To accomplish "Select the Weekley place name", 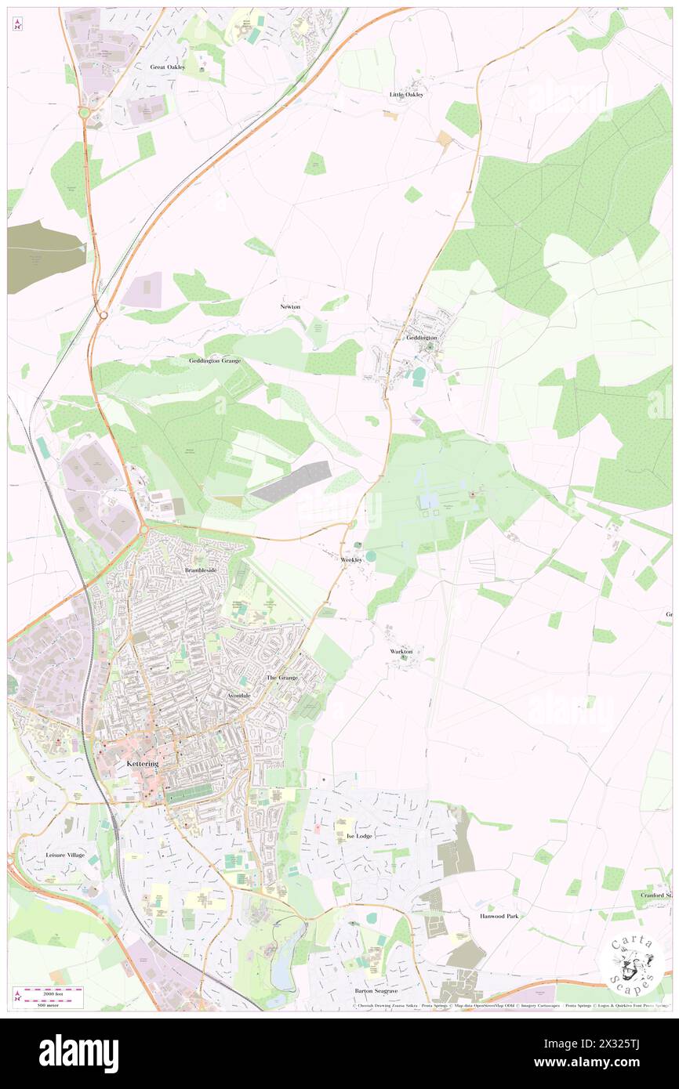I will pyautogui.click(x=352, y=560).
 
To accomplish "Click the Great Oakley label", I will pyautogui.click(x=168, y=67).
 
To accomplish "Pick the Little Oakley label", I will pyautogui.click(x=407, y=94).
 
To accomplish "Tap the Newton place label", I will pyautogui.click(x=290, y=306).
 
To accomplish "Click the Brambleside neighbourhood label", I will pyautogui.click(x=205, y=570).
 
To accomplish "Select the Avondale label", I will pyautogui.click(x=239, y=696).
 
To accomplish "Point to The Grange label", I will pyautogui.click(x=282, y=677).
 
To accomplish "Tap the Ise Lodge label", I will pyautogui.click(x=359, y=836).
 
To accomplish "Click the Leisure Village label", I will pyautogui.click(x=65, y=855).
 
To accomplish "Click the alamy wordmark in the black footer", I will pyautogui.click(x=79, y=1052).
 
